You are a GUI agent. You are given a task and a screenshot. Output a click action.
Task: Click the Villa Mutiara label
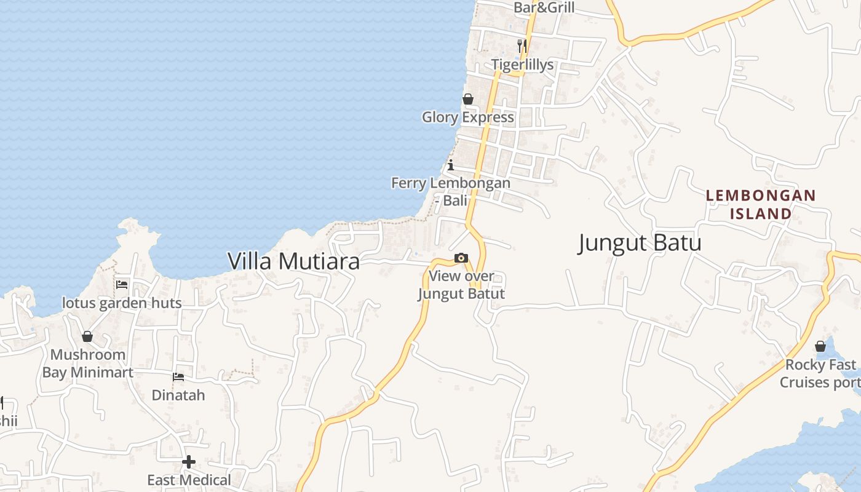coord(293,261)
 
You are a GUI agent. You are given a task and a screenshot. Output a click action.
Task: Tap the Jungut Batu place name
coord(640,243)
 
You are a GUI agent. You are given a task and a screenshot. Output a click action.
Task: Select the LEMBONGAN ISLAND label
coord(761,205)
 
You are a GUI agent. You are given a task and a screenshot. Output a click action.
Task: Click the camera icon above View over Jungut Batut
coord(461,258)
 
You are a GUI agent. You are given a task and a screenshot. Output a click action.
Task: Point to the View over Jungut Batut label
coord(461,285)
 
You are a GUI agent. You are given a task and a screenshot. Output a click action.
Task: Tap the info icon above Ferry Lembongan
coord(451,165)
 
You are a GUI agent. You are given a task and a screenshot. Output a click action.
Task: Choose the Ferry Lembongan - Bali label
coord(451,191)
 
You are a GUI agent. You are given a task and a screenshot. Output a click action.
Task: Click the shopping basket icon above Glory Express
coord(468,99)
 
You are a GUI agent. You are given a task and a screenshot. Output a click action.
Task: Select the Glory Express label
coord(467,117)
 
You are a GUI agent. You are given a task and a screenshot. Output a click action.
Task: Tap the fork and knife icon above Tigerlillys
coord(522,46)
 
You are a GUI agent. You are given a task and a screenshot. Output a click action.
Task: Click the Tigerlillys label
coord(522,65)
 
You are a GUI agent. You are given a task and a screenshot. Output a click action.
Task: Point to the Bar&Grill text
coord(544,7)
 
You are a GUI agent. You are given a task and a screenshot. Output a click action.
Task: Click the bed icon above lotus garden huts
coord(122,285)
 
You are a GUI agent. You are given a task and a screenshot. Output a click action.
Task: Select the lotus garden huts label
coord(122,303)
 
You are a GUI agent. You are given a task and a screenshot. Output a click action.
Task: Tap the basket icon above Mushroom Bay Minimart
coord(87,336)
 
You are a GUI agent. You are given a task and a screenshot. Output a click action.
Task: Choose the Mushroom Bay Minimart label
coord(87,363)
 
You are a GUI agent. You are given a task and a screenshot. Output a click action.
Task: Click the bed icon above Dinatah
coord(178,376)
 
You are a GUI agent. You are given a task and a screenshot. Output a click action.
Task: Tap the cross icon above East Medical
coord(189,461)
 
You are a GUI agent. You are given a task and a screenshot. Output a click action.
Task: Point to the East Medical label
coord(189,480)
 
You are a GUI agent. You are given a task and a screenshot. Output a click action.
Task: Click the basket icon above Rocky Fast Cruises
coord(820,346)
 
